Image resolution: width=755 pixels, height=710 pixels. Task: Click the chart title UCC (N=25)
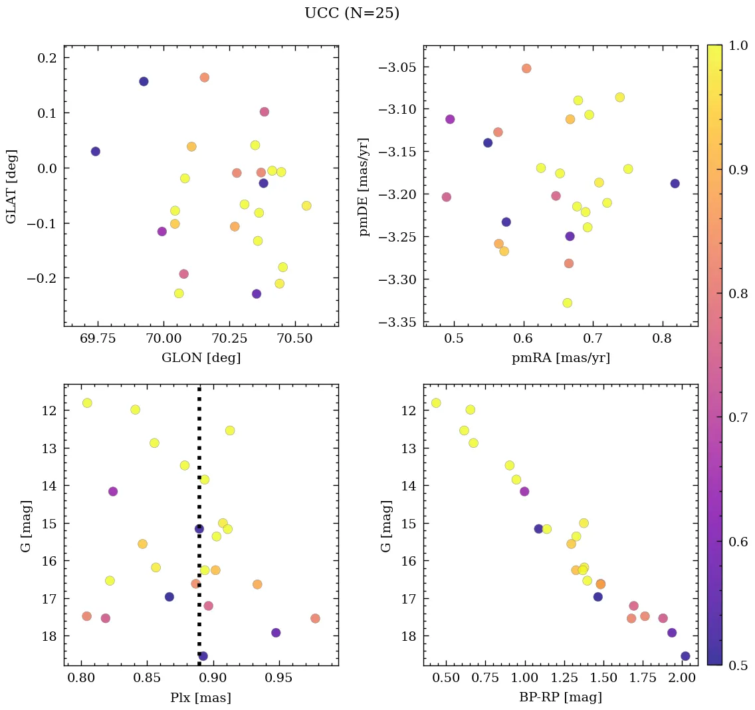[x=352, y=13]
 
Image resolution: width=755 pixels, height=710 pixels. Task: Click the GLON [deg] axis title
[x=201, y=358]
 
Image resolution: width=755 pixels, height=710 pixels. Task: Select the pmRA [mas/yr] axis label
[x=560, y=358]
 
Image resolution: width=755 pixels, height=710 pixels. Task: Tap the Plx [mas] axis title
[x=201, y=697]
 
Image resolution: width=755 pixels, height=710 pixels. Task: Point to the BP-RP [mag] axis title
[x=560, y=697]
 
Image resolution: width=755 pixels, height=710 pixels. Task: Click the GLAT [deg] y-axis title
[x=11, y=186]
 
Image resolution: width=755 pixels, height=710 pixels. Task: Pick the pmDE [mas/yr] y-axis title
[x=364, y=186]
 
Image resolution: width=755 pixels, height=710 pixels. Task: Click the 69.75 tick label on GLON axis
[x=98, y=339]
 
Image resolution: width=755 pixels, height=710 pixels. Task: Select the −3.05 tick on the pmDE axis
[x=397, y=67]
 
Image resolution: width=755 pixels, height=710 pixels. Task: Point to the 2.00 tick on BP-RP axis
[x=682, y=678]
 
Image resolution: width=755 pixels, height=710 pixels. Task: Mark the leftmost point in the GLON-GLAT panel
[x=96, y=152]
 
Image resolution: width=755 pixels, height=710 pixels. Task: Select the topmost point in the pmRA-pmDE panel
[x=526, y=69]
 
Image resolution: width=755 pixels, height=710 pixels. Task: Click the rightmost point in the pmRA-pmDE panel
[x=675, y=184]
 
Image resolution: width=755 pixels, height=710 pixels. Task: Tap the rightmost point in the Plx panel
[x=315, y=618]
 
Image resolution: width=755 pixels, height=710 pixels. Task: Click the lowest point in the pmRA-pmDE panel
[x=567, y=303]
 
